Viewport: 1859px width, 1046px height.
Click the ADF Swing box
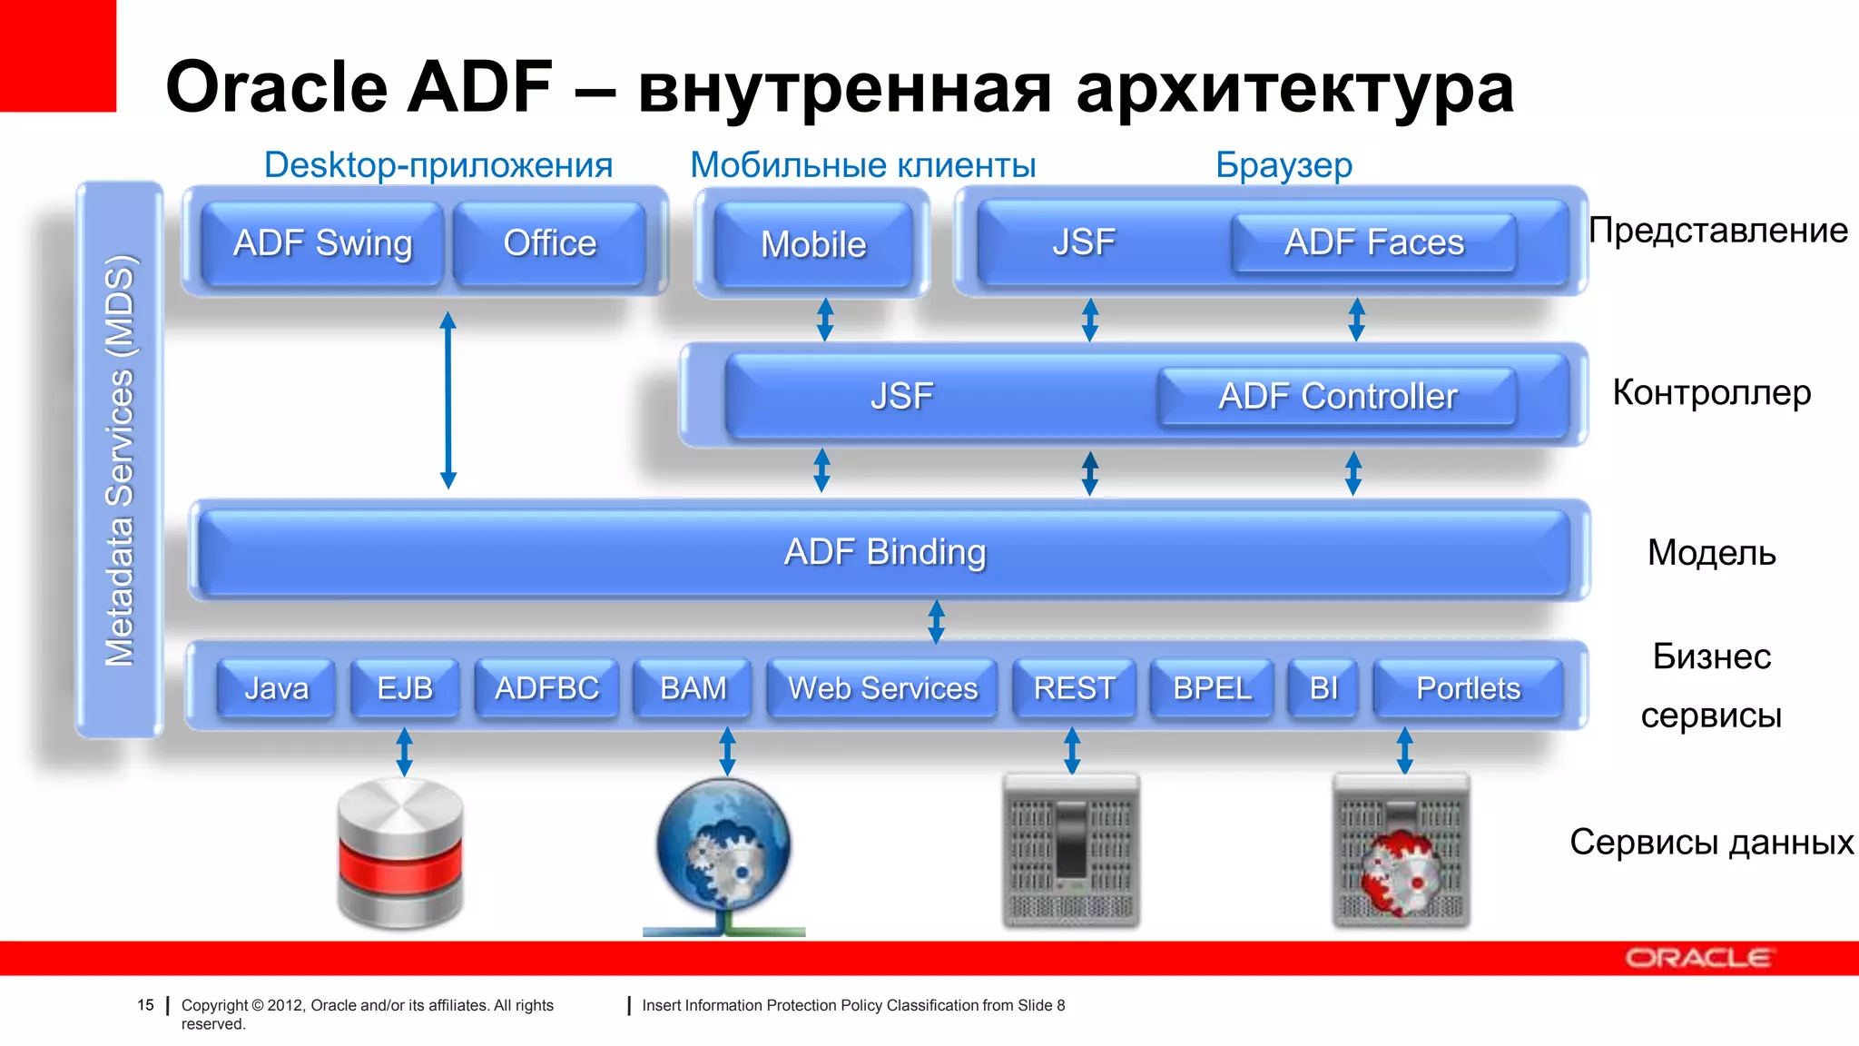pos(322,243)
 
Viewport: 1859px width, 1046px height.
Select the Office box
pos(549,243)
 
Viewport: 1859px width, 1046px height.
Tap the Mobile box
pos(813,244)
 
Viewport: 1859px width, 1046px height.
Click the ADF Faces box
pos(1373,242)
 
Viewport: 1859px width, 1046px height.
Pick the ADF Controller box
pos(1337,397)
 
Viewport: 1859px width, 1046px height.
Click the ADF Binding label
pos(885,552)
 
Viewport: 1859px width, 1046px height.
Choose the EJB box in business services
pos(405,688)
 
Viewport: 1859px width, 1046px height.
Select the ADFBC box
pos(546,688)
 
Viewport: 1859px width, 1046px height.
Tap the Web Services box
pos(882,688)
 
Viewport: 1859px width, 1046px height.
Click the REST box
pos(1074,688)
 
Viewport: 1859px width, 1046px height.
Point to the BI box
pos(1323,688)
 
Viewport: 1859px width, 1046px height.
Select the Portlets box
pos(1468,688)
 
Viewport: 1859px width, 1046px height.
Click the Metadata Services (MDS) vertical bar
pos(120,459)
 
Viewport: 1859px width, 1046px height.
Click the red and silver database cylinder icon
pos(400,854)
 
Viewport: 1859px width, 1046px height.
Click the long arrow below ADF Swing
pos(448,400)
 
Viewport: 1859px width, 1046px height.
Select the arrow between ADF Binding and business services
pos(937,622)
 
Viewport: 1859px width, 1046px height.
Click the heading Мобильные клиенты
pos(862,165)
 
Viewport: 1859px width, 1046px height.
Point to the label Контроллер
pos(1711,392)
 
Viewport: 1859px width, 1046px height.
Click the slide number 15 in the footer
pos(145,1005)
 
